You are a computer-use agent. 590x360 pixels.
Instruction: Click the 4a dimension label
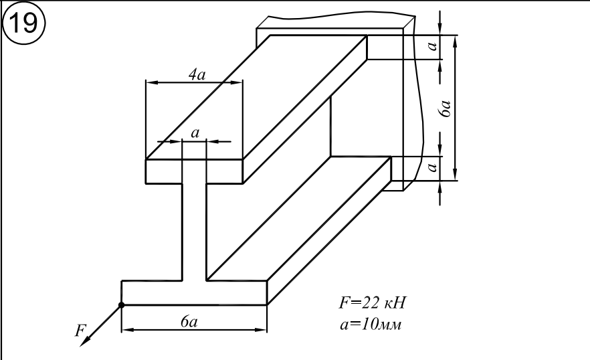[x=196, y=74]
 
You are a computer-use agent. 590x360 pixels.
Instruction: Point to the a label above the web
[x=195, y=133]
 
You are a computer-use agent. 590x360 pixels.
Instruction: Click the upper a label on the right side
[x=433, y=46]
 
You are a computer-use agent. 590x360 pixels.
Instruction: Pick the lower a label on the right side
[x=433, y=165]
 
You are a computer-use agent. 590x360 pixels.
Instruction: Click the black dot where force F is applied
[x=121, y=305]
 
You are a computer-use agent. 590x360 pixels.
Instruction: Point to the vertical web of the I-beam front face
[x=194, y=231]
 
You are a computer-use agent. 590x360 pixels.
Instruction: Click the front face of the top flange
[x=194, y=171]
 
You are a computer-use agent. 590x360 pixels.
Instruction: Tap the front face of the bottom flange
[x=194, y=293]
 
